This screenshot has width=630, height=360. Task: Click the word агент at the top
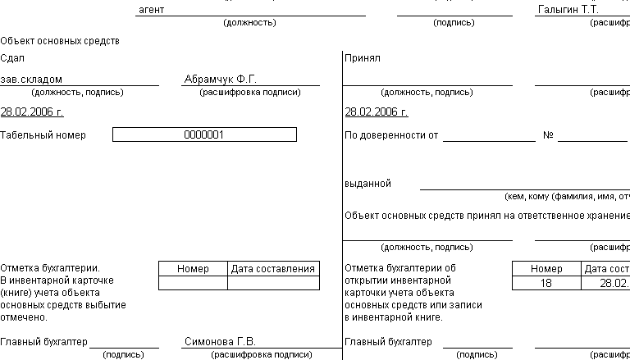click(152, 10)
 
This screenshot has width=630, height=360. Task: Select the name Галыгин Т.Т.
click(568, 10)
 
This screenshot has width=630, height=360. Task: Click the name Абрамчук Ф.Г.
click(221, 80)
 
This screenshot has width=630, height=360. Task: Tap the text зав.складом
click(31, 80)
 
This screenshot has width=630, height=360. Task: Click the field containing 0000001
click(204, 134)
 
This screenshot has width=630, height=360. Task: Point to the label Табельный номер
click(43, 134)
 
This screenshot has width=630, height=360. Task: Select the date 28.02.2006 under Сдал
click(32, 112)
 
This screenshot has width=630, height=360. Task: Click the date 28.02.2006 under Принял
click(377, 112)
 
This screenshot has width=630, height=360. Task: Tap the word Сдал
click(12, 58)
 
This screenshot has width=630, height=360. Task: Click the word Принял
click(363, 58)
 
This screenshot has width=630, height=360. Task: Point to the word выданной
click(368, 184)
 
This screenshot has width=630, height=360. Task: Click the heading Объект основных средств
click(60, 40)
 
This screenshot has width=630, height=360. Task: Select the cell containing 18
click(546, 283)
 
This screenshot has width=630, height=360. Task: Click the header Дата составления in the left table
click(273, 269)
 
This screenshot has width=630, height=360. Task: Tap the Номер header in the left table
click(193, 269)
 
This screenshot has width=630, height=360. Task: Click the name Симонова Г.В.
click(221, 341)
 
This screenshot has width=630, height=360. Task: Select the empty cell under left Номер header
click(193, 283)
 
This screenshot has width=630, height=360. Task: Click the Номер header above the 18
click(546, 269)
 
